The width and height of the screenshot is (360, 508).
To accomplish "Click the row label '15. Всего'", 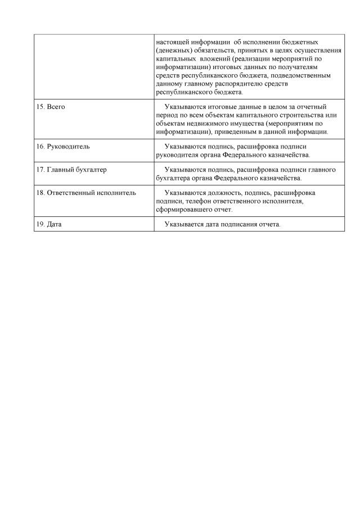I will click(51, 107).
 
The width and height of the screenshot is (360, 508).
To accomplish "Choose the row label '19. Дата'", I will click(49, 224).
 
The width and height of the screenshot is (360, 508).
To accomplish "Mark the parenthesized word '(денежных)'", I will click(174, 51).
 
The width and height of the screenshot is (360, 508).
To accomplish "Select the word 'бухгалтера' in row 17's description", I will click(175, 178).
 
